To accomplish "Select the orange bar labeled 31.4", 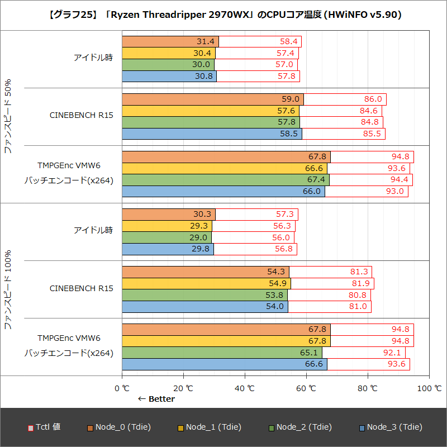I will click(x=170, y=41).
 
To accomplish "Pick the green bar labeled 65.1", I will click(x=221, y=353).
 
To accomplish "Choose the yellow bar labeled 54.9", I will click(x=206, y=283).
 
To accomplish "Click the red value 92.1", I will click(x=393, y=353).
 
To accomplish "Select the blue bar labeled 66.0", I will click(x=223, y=191).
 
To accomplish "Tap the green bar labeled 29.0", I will click(x=167, y=237).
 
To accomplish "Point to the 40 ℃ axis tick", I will click(x=244, y=388).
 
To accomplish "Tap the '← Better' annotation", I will click(x=156, y=399).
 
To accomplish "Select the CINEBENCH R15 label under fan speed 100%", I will click(x=82, y=289).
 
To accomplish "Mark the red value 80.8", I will click(x=358, y=295).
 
